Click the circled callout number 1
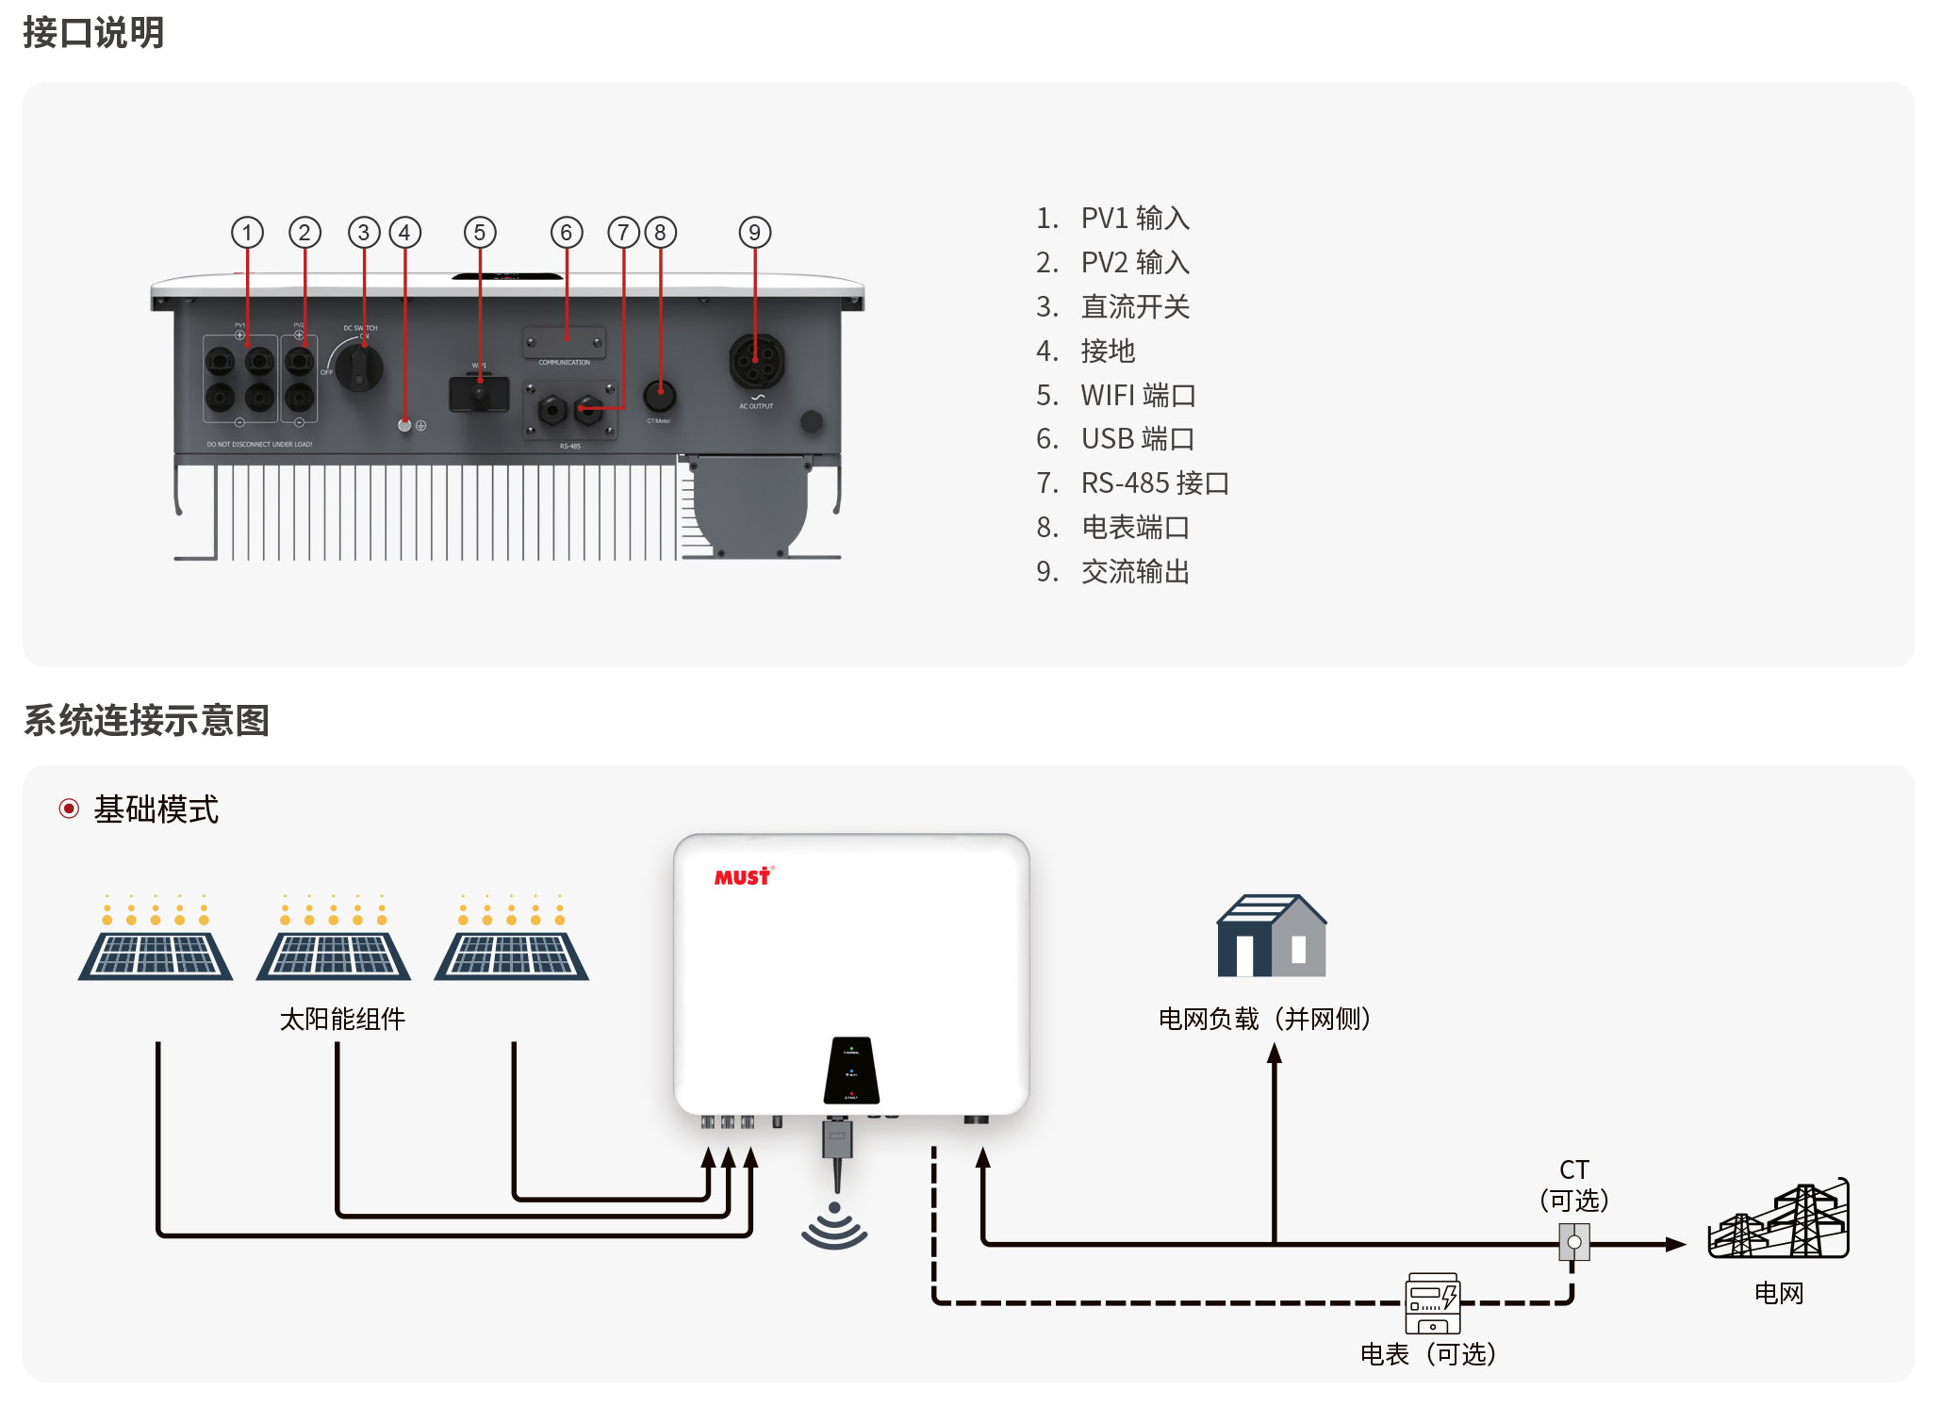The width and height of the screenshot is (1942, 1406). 247,233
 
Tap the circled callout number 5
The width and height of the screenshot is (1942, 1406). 480,233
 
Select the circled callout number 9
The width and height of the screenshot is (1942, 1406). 754,233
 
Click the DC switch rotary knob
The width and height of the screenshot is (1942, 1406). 361,367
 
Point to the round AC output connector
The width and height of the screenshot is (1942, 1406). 756,361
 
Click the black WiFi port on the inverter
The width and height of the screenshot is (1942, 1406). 479,394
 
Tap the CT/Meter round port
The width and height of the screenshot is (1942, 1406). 659,396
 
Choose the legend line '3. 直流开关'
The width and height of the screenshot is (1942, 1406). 1112,307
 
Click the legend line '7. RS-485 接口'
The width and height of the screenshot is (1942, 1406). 1132,483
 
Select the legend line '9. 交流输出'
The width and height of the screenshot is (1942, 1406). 1112,572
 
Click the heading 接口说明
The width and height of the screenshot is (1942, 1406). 93,33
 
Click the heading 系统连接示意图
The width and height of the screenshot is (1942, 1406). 146,721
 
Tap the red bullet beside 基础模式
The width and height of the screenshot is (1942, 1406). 69,809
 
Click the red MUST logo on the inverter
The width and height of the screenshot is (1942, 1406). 743,877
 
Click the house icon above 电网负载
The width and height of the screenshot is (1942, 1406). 1271,936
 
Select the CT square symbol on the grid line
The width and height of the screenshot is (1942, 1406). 1573,1242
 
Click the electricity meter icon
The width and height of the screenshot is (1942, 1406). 1432,1303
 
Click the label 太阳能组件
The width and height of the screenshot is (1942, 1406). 342,1020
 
